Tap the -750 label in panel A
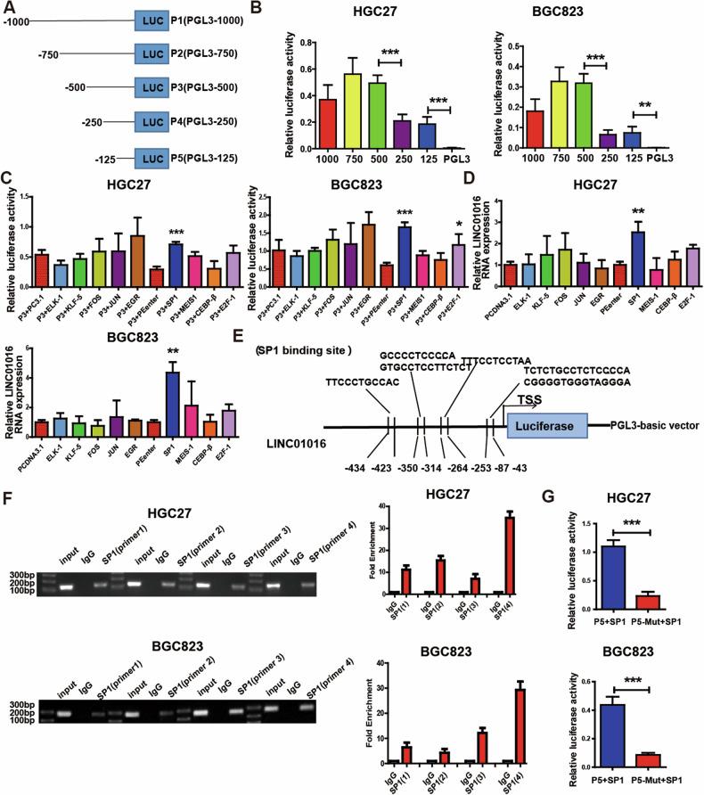click(x=48, y=55)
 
